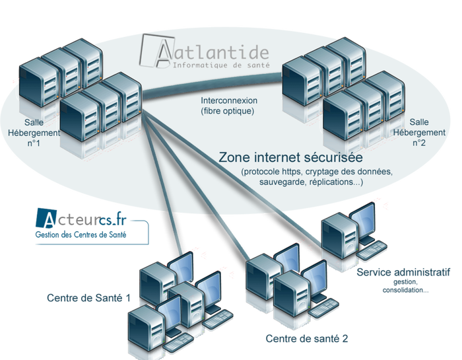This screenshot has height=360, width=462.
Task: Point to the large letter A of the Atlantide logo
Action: click(155, 51)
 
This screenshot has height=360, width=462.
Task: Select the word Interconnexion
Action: click(229, 101)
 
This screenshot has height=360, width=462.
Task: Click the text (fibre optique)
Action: click(228, 112)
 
